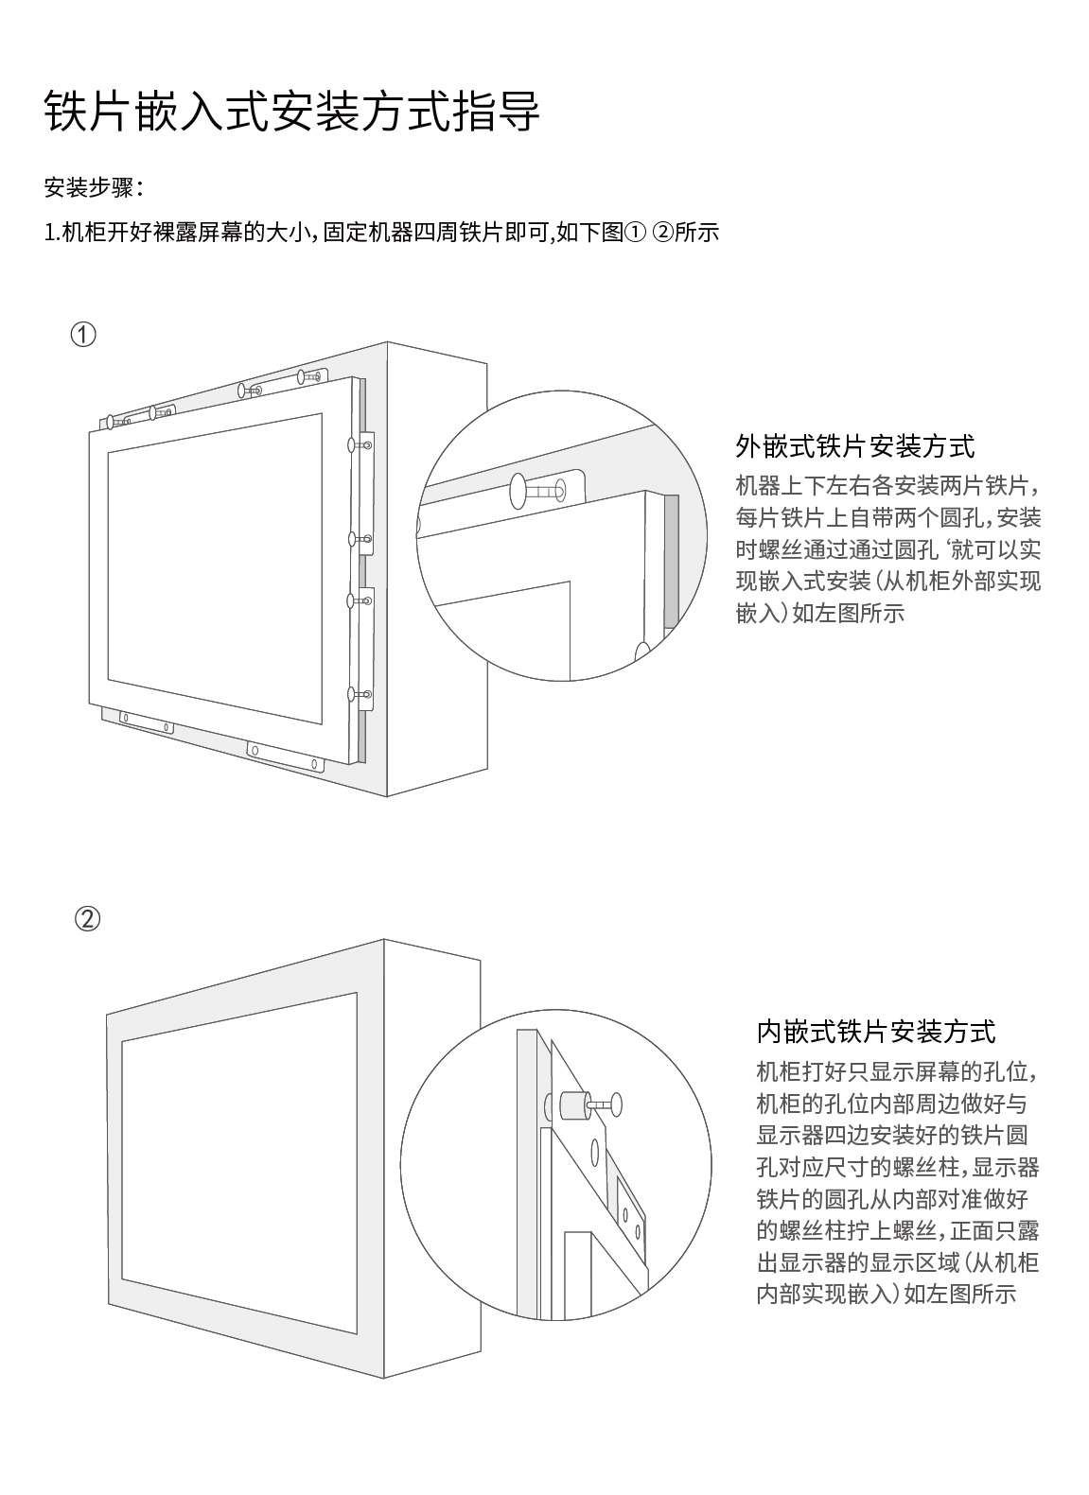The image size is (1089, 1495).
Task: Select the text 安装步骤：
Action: pyautogui.click(x=94, y=188)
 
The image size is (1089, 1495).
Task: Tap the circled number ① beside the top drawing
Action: pyautogui.click(x=83, y=335)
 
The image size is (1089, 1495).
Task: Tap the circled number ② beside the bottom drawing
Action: pyautogui.click(x=86, y=919)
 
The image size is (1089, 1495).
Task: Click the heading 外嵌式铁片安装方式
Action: pyautogui.click(x=854, y=446)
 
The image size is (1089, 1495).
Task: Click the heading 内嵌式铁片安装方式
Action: pyautogui.click(x=875, y=1032)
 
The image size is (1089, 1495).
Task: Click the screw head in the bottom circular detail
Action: pyautogui.click(x=617, y=1103)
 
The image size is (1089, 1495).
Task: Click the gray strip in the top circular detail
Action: pyautogui.click(x=671, y=559)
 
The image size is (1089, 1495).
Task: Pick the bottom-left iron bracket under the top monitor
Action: pyautogui.click(x=146, y=721)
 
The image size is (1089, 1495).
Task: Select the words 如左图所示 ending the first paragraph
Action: pyautogui.click(x=848, y=614)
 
